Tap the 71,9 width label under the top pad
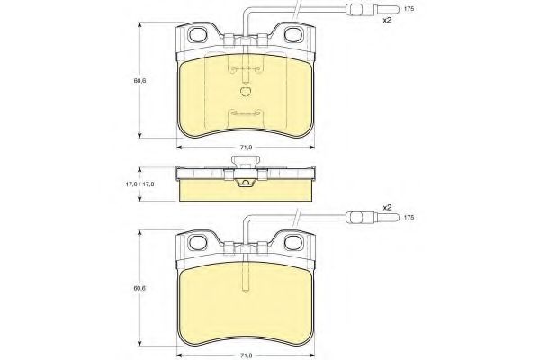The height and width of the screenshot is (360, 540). [x=246, y=148]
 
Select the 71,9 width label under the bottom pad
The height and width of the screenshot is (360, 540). [x=246, y=355]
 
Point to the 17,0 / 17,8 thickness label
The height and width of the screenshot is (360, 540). [x=139, y=184]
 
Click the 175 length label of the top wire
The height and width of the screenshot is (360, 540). [x=409, y=9]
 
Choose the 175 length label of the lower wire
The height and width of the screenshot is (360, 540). [x=409, y=218]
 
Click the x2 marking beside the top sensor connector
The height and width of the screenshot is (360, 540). [x=387, y=20]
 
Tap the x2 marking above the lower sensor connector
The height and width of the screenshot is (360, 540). [x=387, y=207]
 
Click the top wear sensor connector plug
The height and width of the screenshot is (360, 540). [x=373, y=9]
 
